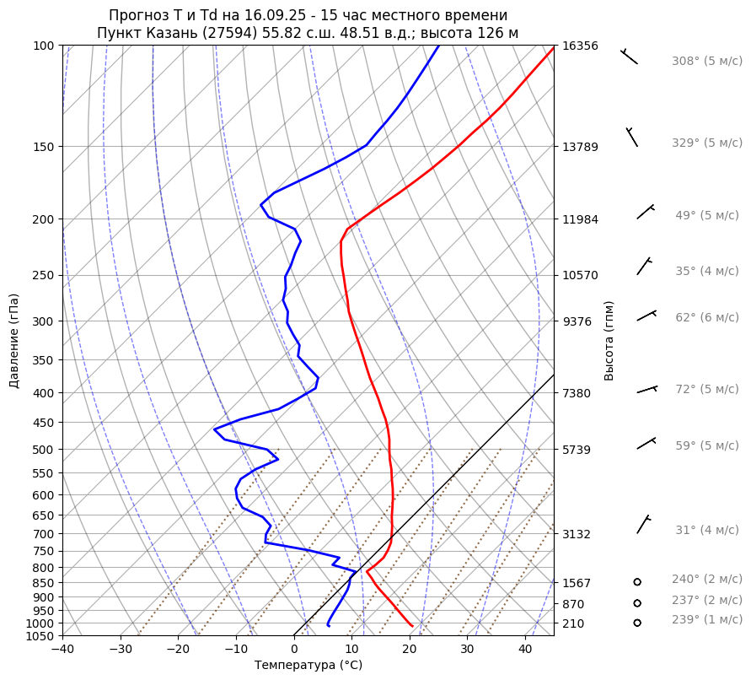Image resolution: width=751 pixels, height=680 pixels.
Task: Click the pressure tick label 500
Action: (43, 450)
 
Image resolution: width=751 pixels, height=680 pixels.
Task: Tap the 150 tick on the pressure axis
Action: (43, 147)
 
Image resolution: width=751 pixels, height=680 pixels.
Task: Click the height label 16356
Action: (580, 46)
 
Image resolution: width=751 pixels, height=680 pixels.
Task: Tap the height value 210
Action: (573, 623)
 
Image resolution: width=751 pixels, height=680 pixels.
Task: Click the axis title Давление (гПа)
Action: (14, 341)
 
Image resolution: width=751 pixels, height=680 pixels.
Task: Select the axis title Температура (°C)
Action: (308, 666)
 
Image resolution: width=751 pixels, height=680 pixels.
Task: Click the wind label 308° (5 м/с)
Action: (707, 62)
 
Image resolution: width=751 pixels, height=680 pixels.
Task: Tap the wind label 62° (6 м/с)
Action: (707, 318)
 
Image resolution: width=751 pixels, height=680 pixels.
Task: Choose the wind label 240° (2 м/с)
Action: (707, 580)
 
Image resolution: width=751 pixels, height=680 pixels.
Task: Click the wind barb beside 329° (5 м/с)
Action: (632, 137)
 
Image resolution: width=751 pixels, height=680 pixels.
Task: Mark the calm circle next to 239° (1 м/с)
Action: (637, 623)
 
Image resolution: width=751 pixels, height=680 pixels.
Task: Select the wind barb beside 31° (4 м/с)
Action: (644, 525)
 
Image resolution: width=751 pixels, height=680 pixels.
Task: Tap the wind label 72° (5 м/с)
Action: (707, 390)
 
